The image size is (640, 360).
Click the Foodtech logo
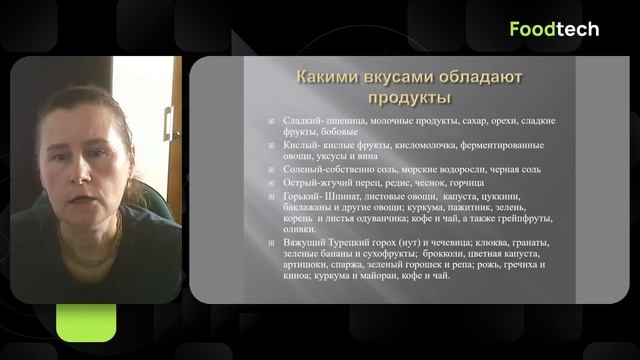554,29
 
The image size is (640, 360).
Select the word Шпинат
332,195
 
